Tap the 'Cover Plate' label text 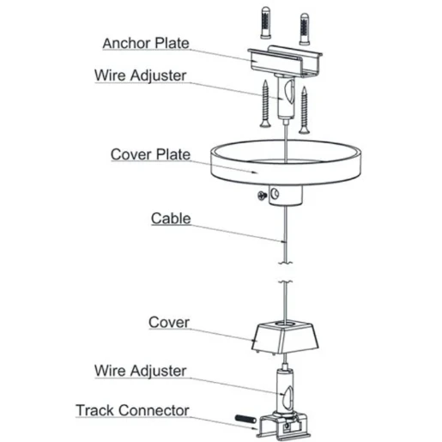click(150, 154)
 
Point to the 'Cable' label click(171, 218)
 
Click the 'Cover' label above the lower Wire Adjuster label click(169, 323)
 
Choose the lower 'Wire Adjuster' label click(139, 371)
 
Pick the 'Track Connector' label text click(132, 410)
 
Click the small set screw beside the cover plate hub click(260, 197)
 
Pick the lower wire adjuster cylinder click(283, 390)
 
